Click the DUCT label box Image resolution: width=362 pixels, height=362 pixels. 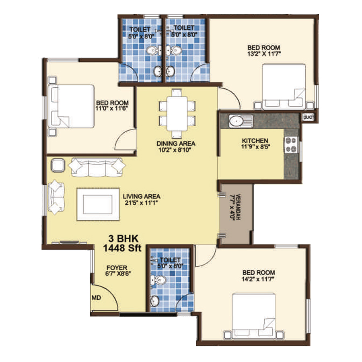309,117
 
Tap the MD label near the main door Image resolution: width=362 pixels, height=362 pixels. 96,298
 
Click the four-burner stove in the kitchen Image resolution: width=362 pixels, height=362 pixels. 291,145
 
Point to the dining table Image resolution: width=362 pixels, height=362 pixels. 177,113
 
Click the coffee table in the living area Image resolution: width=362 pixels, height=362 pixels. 98,204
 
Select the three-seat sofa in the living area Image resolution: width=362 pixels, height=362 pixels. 97,167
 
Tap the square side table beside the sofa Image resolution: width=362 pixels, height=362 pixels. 58,165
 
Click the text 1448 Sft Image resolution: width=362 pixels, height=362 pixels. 122,248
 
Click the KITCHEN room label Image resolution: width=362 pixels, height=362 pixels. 255,141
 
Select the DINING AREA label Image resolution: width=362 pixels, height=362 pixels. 176,143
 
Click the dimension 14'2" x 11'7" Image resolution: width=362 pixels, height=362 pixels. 258,279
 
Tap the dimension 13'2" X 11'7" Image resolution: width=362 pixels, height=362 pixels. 264,54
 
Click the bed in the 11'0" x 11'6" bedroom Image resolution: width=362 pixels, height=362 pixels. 71,107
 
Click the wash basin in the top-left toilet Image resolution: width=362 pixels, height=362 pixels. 158,71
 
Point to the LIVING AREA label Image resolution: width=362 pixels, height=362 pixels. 142,196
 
